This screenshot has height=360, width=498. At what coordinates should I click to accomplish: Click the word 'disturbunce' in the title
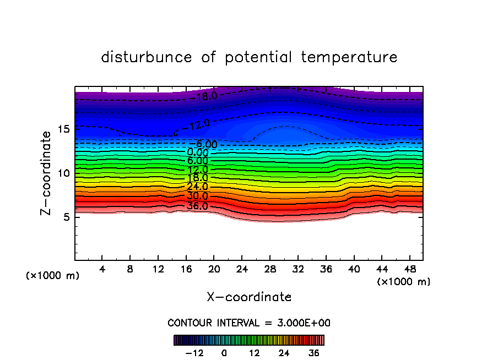click(x=147, y=57)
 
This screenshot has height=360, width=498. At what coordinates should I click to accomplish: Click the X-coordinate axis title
click(x=249, y=297)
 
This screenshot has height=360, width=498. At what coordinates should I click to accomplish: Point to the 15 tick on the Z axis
click(x=63, y=129)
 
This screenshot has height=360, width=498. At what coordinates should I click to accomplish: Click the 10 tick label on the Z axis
click(x=63, y=173)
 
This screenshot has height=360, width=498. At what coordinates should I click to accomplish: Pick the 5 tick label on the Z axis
click(x=66, y=217)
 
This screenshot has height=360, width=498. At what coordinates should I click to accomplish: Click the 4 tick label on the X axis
click(x=102, y=270)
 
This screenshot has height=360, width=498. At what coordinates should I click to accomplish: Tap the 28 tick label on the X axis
click(x=269, y=270)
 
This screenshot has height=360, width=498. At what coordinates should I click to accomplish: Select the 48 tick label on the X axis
click(x=409, y=270)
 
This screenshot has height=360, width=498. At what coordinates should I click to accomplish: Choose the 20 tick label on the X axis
click(x=214, y=270)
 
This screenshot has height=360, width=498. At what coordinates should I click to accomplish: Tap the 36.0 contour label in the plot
click(x=197, y=206)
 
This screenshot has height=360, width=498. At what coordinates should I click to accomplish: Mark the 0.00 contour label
click(x=198, y=152)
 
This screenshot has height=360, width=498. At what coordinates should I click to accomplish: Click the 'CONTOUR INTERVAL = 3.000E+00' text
click(x=249, y=323)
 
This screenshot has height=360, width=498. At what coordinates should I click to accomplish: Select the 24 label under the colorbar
click(x=284, y=353)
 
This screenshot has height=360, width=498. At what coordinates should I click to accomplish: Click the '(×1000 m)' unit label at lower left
click(x=53, y=276)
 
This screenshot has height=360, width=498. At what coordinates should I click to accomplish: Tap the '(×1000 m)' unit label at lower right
click(x=404, y=282)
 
